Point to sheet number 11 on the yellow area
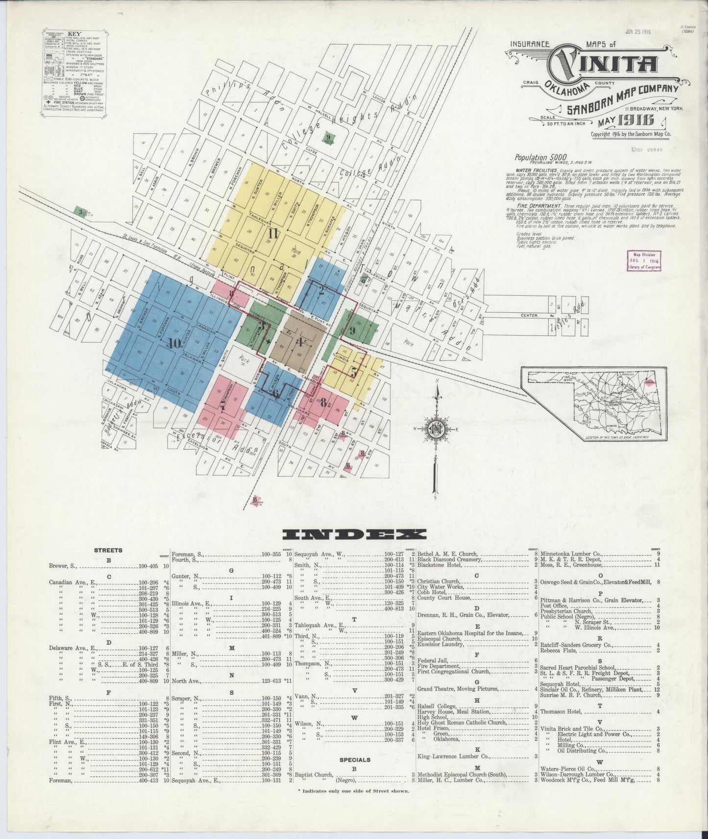(x=272, y=233)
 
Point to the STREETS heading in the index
(x=108, y=550)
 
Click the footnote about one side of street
(x=353, y=791)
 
